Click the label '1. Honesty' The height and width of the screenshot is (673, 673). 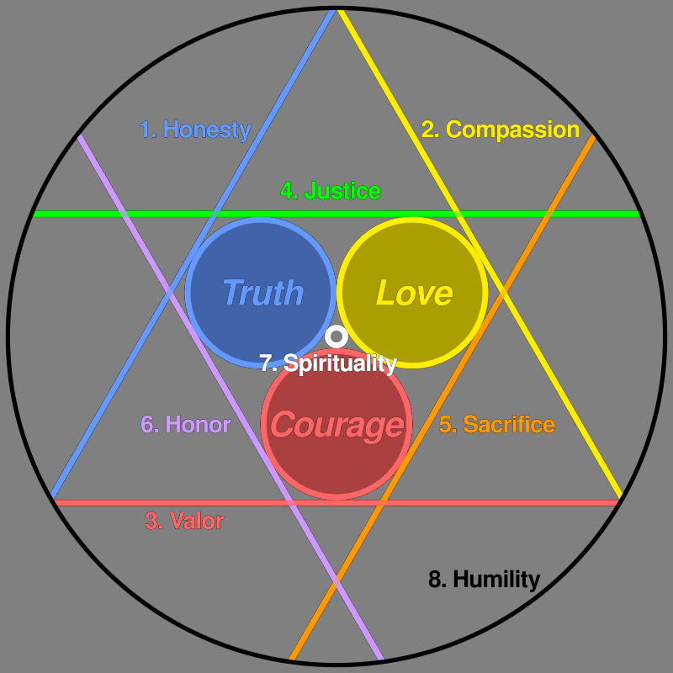pos(195,130)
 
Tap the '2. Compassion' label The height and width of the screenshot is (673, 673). pos(501,130)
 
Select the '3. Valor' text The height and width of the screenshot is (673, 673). pos(184,521)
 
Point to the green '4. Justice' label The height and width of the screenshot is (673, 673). pos(331,191)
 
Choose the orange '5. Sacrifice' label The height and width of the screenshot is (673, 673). pos(497,425)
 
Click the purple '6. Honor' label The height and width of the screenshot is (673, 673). pos(186,425)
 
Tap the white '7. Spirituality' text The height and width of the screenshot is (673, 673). pos(328,363)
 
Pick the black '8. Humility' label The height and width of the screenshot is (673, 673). pos(485,580)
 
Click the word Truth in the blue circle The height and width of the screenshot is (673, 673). pos(263,293)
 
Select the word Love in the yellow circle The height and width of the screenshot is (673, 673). pos(414,293)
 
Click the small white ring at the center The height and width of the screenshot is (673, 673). pos(336,336)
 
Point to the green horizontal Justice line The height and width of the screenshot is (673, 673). pos(336,214)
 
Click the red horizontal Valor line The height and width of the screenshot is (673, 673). pos(336,502)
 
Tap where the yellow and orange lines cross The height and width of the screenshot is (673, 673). pos(502,293)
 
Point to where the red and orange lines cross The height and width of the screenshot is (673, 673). pos(382,502)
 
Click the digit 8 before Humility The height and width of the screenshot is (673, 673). pos(434,579)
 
